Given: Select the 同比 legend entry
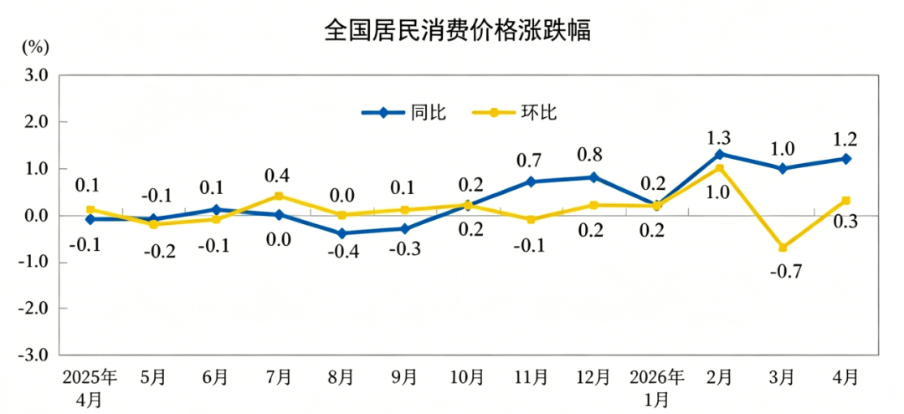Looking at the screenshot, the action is pyautogui.click(x=403, y=112).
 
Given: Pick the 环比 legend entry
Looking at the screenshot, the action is pyautogui.click(x=514, y=112).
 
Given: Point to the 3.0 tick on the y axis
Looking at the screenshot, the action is pyautogui.click(x=36, y=75).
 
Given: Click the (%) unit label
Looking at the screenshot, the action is pyautogui.click(x=36, y=47).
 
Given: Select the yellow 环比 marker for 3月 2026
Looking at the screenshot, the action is pyautogui.click(x=783, y=248).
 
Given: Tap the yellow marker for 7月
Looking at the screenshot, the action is pyautogui.click(x=279, y=197).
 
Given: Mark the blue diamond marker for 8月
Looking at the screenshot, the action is pyautogui.click(x=342, y=233).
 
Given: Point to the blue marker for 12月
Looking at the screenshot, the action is pyautogui.click(x=593, y=177).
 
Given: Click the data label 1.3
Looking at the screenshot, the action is pyautogui.click(x=720, y=138).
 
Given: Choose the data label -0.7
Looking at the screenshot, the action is pyautogui.click(x=786, y=271).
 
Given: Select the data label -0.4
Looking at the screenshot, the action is pyautogui.click(x=344, y=253).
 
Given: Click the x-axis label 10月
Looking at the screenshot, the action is pyautogui.click(x=468, y=377).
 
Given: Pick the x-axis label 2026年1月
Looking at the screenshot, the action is pyautogui.click(x=657, y=387).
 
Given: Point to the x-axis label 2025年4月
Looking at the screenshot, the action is pyautogui.click(x=90, y=387).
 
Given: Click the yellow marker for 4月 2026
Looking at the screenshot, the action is pyautogui.click(x=845, y=201).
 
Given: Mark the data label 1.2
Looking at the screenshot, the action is pyautogui.click(x=845, y=140).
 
